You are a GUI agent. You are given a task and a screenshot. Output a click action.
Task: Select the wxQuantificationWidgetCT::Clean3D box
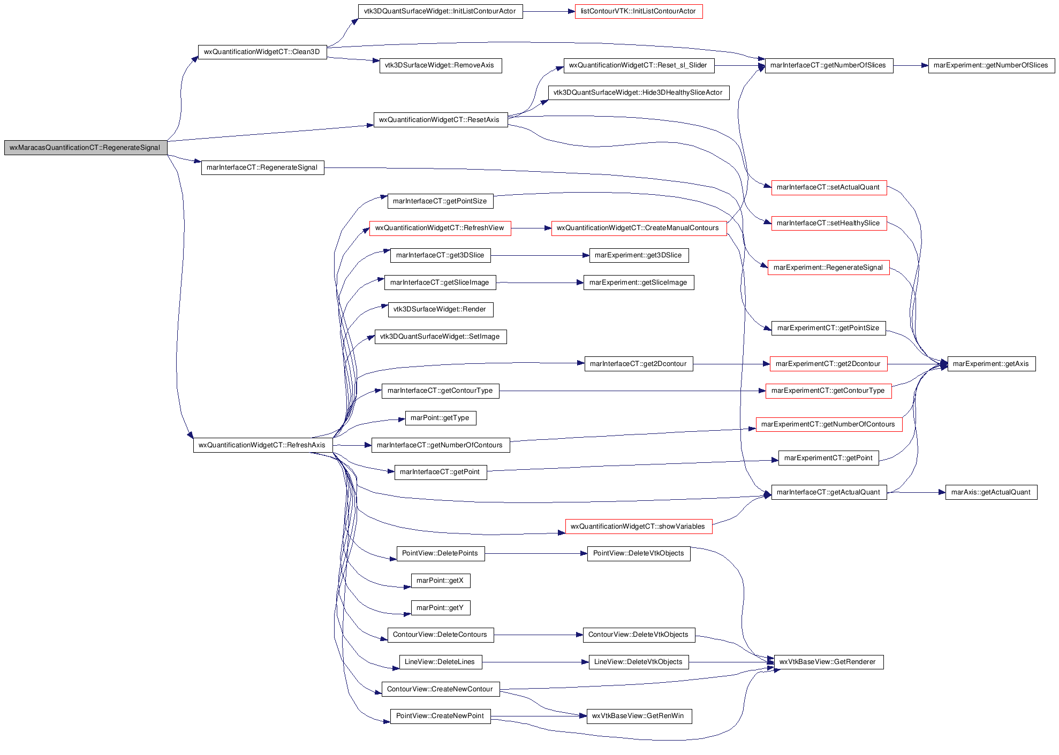[x=262, y=52]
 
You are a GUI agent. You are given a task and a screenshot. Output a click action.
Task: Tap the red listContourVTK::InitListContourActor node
[x=639, y=11]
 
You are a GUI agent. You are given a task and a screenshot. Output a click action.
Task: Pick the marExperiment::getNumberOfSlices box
[x=991, y=66]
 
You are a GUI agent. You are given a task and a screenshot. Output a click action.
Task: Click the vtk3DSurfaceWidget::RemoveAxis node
[x=440, y=66]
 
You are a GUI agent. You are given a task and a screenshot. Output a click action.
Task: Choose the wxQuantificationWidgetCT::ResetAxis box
[x=440, y=120]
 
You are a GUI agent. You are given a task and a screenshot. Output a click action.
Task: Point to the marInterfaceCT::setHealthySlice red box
[x=829, y=223]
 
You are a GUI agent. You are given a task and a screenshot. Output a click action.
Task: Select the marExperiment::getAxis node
[x=991, y=364]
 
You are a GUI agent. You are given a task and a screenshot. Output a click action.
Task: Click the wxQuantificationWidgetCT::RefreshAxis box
[x=262, y=445]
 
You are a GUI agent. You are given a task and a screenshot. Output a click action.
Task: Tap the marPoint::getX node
[x=440, y=581]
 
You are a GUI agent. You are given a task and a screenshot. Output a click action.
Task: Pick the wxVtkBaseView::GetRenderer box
[x=828, y=662]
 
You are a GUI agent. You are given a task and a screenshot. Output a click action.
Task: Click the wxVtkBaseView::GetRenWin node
[x=639, y=716]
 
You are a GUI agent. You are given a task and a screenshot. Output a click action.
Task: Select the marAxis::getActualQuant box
[x=991, y=492]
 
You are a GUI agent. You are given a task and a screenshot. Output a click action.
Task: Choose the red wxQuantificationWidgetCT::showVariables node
[x=639, y=527]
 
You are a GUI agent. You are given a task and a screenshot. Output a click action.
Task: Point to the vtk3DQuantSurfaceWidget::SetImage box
[x=440, y=337]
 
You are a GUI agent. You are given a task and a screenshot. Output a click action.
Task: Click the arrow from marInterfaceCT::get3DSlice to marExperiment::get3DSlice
[x=540, y=256]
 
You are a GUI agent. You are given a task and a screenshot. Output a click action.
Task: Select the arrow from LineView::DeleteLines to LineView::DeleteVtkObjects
[x=535, y=662]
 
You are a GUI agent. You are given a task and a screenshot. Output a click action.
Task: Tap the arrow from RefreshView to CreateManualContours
[x=531, y=228]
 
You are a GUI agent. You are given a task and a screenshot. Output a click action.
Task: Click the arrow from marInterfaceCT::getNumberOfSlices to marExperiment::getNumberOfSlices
[x=911, y=66]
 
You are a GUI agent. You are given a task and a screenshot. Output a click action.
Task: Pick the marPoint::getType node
[x=440, y=418]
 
